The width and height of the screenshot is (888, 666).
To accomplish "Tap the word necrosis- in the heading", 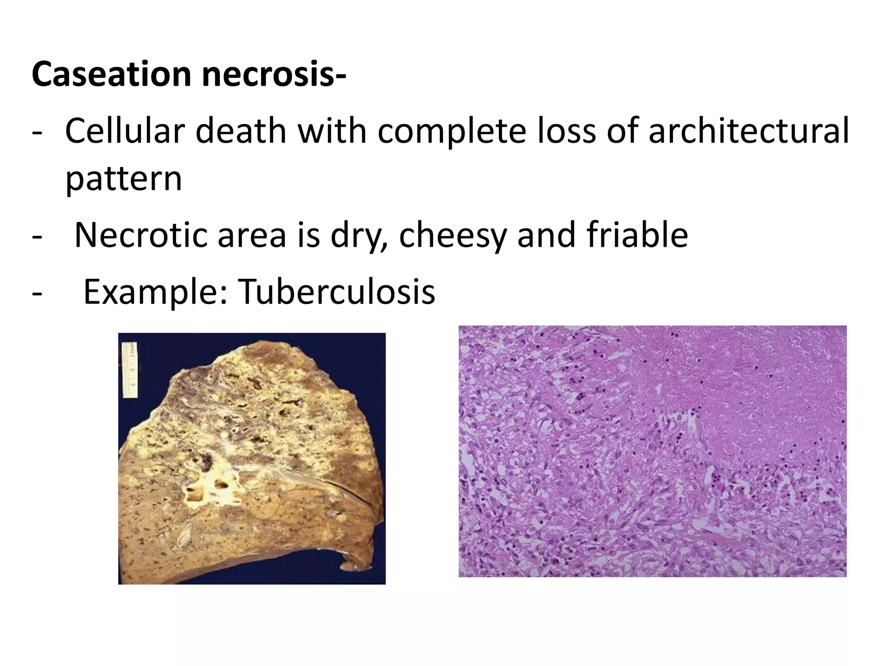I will tap(274, 75).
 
